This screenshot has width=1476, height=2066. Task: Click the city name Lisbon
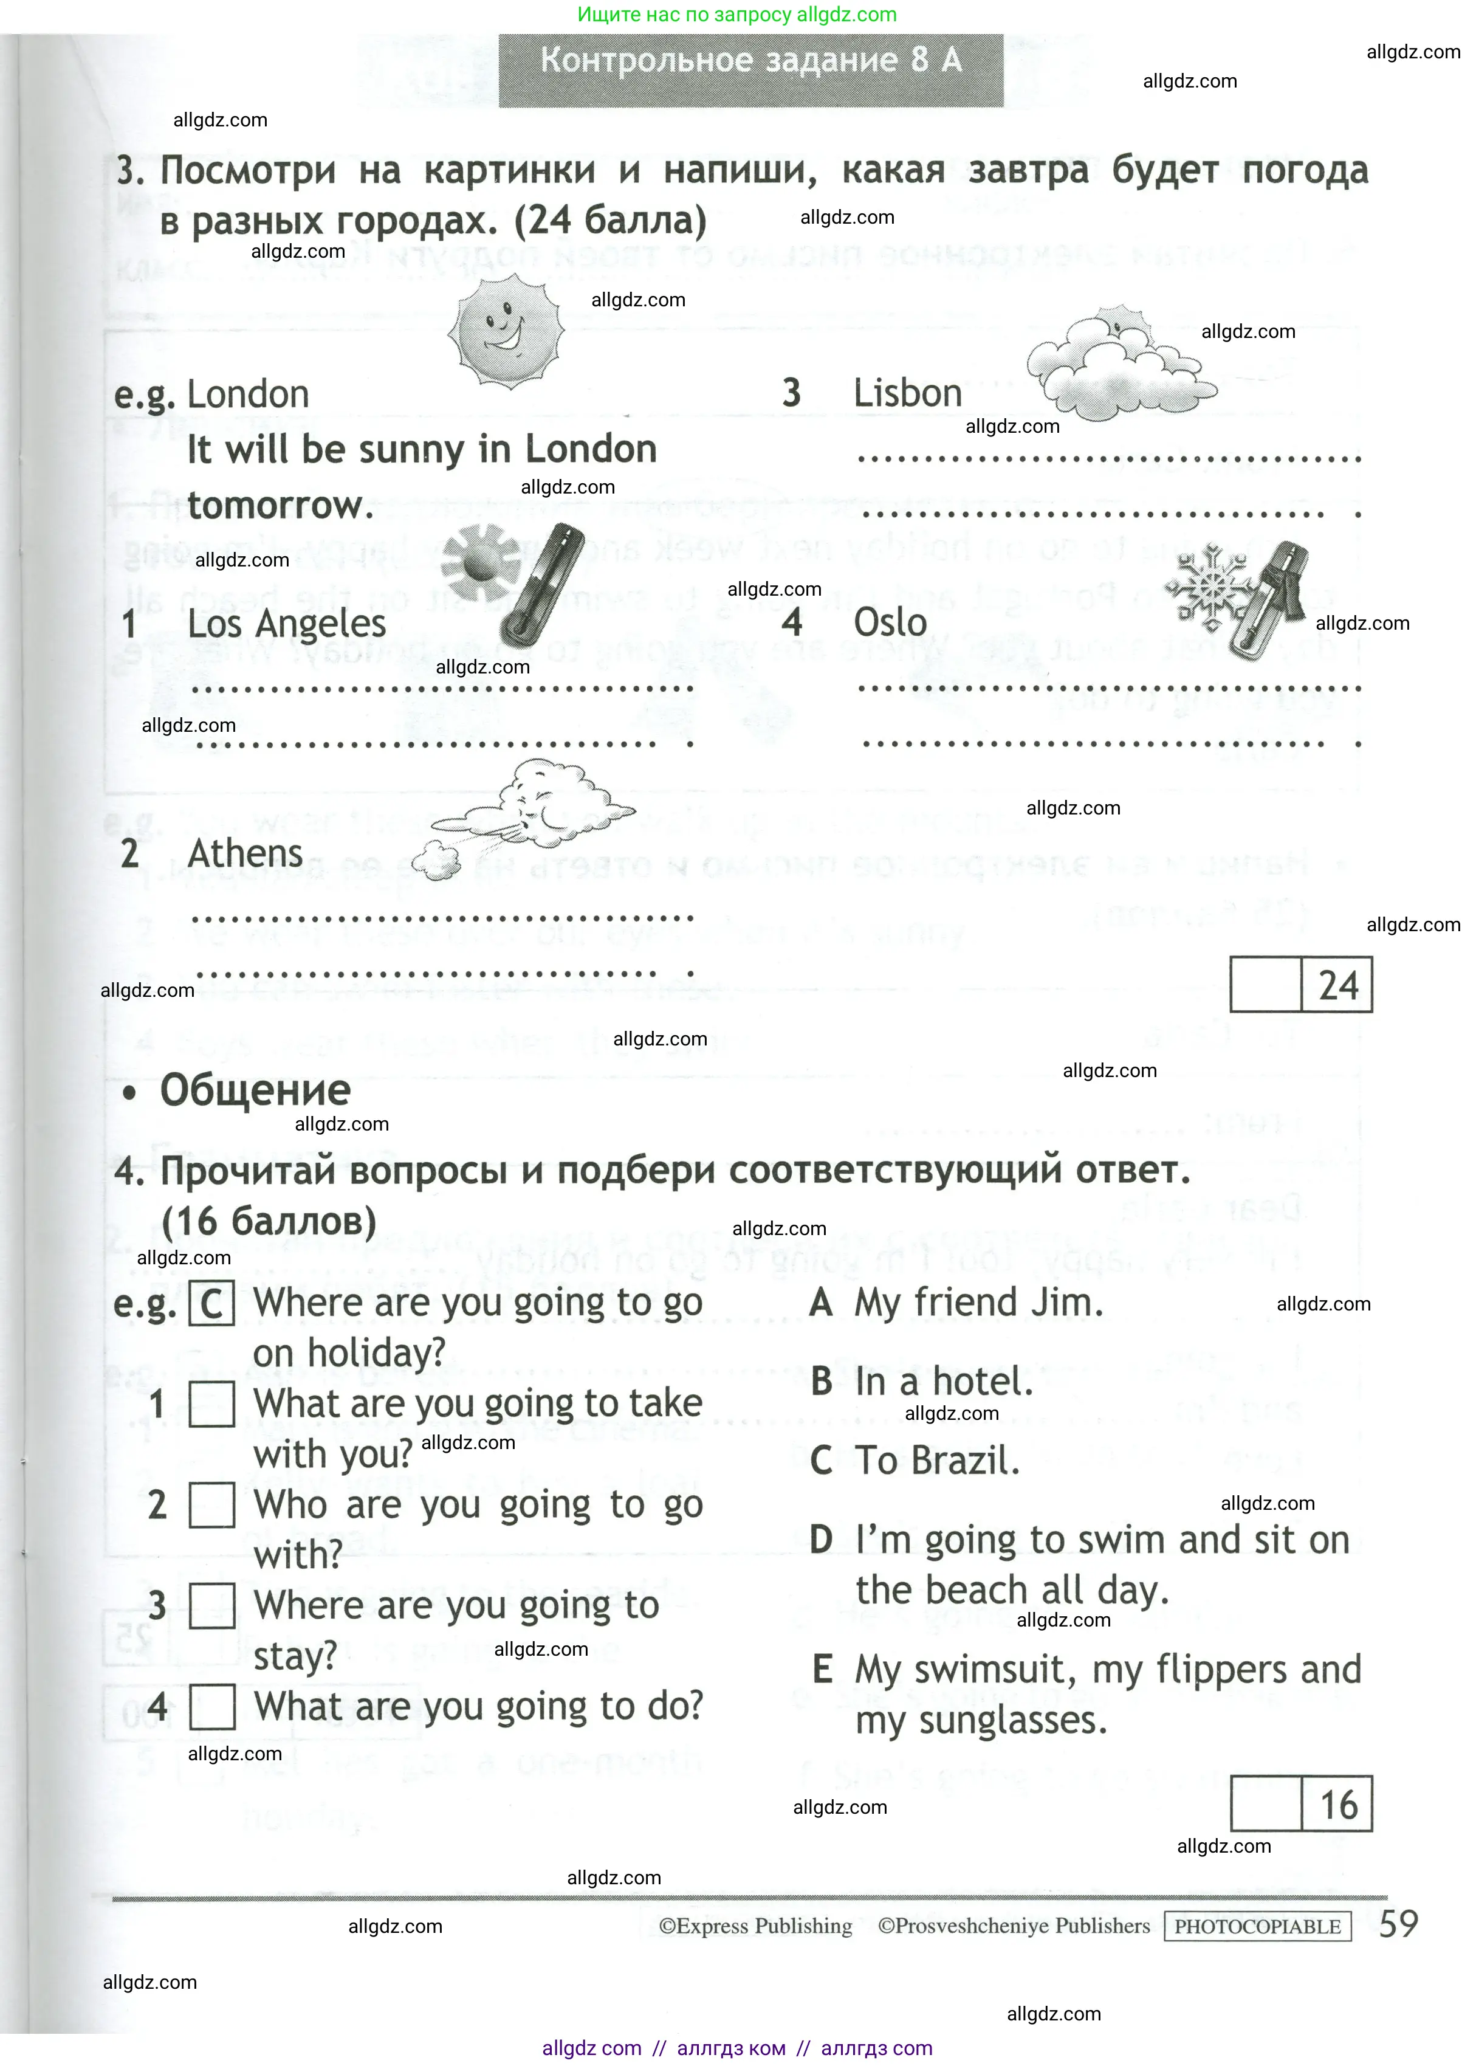tap(907, 393)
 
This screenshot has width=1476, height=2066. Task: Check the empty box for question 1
tap(211, 1404)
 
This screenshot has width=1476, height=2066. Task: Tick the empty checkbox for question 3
tap(211, 1606)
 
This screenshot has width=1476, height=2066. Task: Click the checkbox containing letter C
tap(211, 1303)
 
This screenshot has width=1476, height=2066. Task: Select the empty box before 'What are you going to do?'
tap(211, 1707)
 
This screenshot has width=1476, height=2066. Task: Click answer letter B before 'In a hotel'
tap(822, 1382)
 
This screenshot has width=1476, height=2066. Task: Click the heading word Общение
tap(255, 1090)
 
